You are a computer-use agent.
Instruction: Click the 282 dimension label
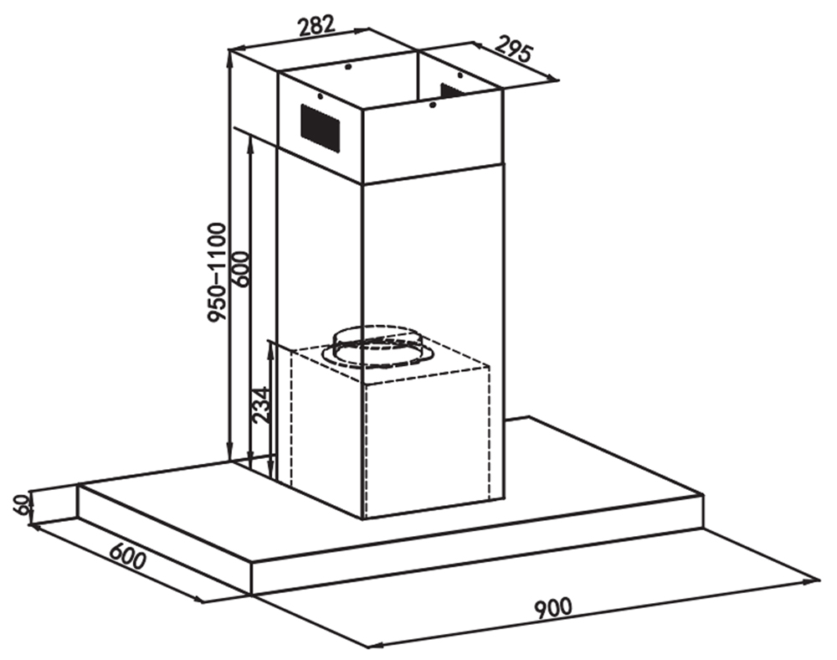point(316,26)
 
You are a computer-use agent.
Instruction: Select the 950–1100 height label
point(218,273)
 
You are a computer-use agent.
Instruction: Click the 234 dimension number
point(263,405)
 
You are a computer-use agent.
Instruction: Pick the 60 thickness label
point(22,504)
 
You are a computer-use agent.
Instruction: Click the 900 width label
point(553,608)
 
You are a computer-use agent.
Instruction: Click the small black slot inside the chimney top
point(452,90)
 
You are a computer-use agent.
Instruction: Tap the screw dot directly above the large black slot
point(319,96)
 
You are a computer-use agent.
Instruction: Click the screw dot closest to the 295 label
point(460,75)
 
